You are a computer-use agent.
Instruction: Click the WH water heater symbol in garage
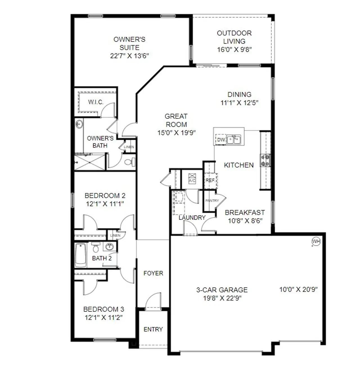[316, 241]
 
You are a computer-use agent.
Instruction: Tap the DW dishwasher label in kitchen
[221, 140]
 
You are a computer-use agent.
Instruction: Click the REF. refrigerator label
[210, 180]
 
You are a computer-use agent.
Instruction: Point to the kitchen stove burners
[265, 160]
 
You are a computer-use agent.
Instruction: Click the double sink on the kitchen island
[234, 139]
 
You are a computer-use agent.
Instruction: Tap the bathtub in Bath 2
[80, 255]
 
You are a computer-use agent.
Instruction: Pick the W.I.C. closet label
[96, 102]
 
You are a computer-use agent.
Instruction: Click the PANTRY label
[212, 201]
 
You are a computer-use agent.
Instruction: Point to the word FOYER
[153, 273]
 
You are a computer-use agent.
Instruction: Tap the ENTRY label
[153, 329]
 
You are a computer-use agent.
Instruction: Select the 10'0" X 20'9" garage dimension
[298, 290]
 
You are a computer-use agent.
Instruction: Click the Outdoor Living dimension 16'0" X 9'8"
[234, 49]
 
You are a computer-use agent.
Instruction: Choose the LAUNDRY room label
[192, 218]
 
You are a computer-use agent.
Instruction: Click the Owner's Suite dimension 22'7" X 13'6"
[129, 56]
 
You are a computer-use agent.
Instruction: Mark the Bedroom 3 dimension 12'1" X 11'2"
[104, 317]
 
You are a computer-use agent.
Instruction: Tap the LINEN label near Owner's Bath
[129, 147]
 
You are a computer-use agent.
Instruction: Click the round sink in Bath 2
[109, 247]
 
